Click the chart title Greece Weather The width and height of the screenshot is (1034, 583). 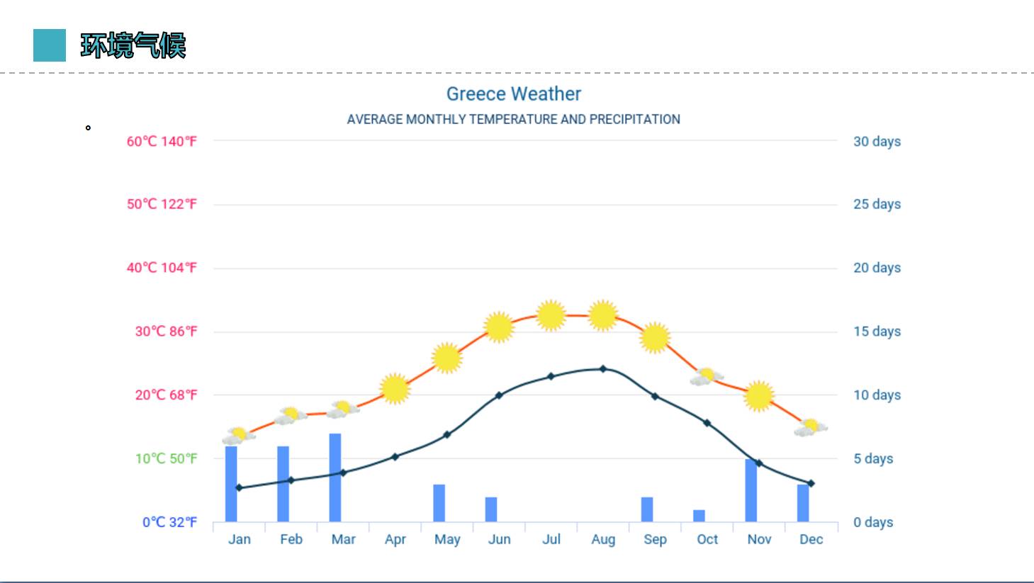click(x=513, y=94)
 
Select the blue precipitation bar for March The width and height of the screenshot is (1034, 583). click(x=335, y=477)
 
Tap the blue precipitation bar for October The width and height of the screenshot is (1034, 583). click(x=699, y=516)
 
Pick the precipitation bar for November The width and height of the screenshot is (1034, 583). click(x=751, y=490)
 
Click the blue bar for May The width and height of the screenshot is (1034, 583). click(x=439, y=503)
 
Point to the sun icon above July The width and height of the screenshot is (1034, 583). click(x=551, y=315)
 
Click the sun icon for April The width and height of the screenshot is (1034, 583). click(x=395, y=388)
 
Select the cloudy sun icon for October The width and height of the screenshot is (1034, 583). click(x=706, y=376)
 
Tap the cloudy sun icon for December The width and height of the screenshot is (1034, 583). click(x=810, y=427)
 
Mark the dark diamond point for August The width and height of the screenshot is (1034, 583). click(x=603, y=369)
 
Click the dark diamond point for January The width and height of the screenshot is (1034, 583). click(x=239, y=487)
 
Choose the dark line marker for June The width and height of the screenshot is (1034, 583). click(x=499, y=395)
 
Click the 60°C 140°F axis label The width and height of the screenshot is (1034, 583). click(x=162, y=141)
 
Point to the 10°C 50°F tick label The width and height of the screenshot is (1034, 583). click(x=166, y=458)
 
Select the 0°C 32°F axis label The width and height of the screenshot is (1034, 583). click(x=169, y=522)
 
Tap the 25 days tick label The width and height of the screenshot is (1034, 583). click(x=877, y=204)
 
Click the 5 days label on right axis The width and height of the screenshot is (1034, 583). click(x=873, y=458)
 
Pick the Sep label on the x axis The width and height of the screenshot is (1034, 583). click(x=655, y=539)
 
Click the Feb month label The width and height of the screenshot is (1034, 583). click(x=291, y=539)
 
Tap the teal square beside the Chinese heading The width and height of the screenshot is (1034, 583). click(x=50, y=45)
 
